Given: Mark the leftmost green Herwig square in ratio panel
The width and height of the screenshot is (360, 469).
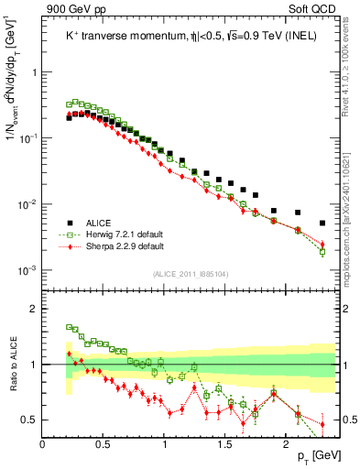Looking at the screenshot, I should click(x=69, y=326).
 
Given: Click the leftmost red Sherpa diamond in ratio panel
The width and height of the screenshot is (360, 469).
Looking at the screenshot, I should click(x=69, y=354).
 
